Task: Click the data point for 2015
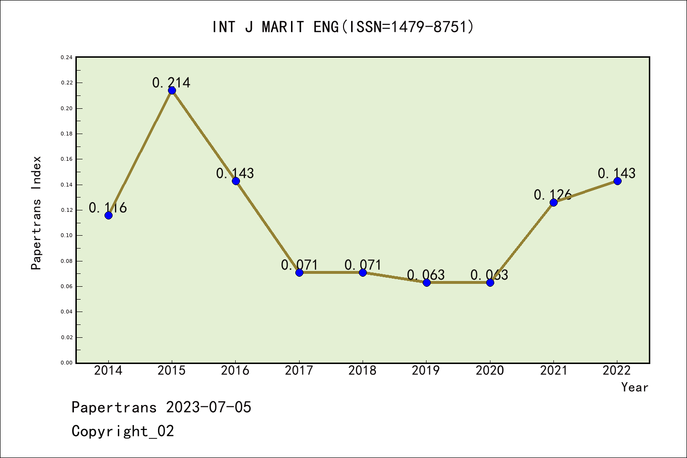(172, 91)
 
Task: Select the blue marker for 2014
(108, 215)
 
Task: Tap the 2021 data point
(553, 203)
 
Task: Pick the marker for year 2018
(363, 272)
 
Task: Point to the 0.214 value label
(171, 83)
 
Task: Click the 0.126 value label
(552, 195)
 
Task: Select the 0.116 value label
(108, 208)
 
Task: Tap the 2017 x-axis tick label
(299, 371)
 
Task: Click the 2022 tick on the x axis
(617, 371)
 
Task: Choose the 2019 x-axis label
(426, 371)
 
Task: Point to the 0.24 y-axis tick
(67, 58)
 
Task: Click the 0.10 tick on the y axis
(67, 236)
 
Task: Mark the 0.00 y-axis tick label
(67, 363)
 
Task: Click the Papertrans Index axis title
(37, 213)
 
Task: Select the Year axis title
(635, 387)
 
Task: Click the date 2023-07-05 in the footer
(208, 407)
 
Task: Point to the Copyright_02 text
(123, 431)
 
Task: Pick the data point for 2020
(490, 282)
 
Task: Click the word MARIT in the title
(283, 27)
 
